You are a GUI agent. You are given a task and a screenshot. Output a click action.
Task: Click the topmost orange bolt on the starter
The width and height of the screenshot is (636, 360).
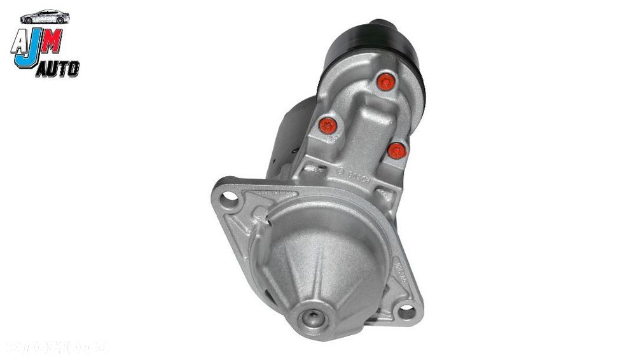pos(385,82)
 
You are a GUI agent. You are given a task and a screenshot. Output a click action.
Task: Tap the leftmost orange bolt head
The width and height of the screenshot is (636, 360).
pos(328,125)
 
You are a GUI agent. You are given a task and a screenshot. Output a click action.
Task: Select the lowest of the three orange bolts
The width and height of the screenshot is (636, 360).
pos(397,151)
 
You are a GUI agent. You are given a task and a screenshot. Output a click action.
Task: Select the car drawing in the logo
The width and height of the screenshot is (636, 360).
pos(45,17)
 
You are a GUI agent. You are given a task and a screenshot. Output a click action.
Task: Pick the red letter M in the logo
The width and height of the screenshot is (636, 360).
pos(53,42)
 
